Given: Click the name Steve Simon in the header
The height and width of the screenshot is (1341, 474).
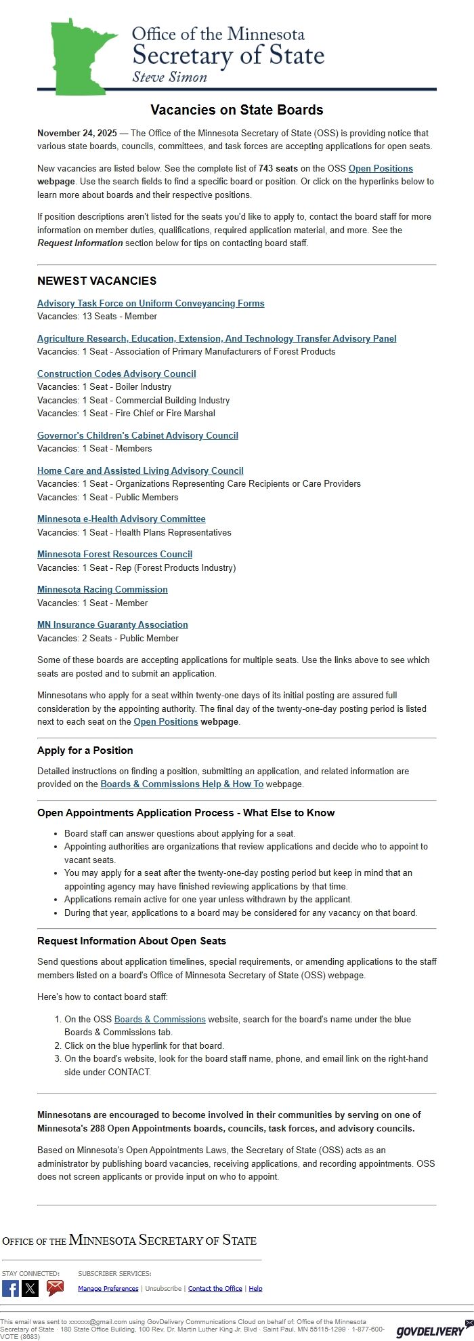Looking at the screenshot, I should coord(169,77).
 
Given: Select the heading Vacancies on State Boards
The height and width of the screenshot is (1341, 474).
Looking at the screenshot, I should coord(236,110).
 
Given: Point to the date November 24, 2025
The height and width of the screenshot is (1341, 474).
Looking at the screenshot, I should coord(77,134).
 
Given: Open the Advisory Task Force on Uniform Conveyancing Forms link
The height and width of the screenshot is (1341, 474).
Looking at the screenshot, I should coord(150,303).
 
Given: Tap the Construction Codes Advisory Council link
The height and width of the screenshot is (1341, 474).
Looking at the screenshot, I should coord(116,374).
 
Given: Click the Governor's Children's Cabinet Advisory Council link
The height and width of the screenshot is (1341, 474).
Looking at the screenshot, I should coord(137,435).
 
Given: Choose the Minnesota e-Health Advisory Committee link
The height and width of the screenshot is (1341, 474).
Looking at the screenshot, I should coord(121,519).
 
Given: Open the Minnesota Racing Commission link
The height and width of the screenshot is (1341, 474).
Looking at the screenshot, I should coord(102,589).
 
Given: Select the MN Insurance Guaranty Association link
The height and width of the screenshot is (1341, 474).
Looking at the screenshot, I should coord(112,624).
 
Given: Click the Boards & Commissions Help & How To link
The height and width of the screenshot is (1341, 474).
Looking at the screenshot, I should coord(181,784).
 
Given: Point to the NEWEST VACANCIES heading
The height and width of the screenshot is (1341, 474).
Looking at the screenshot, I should coord(97,281).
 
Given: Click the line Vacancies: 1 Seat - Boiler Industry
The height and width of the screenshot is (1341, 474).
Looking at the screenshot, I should coord(104,386).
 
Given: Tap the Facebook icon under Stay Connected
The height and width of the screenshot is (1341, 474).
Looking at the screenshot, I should coord(10,1288).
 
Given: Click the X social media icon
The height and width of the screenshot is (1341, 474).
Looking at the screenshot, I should coord(30,1288).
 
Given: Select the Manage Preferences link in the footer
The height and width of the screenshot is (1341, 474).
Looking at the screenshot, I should coord(108,1289).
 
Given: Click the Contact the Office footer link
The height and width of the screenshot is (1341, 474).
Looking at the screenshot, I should coord(215,1289).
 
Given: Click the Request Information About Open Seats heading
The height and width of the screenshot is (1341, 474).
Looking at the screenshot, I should coord(131,941).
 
